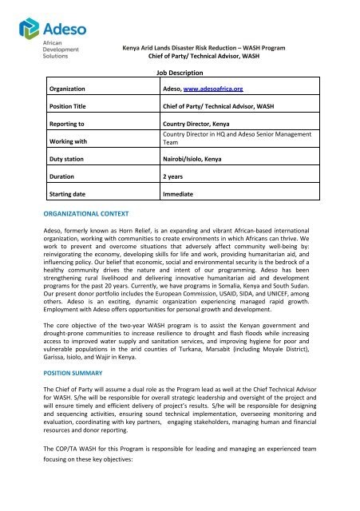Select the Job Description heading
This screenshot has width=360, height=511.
point(180,72)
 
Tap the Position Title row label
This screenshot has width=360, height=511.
point(73,105)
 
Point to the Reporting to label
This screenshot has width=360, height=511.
point(69,125)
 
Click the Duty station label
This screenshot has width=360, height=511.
point(69,160)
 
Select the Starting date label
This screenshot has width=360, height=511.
point(71,194)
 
